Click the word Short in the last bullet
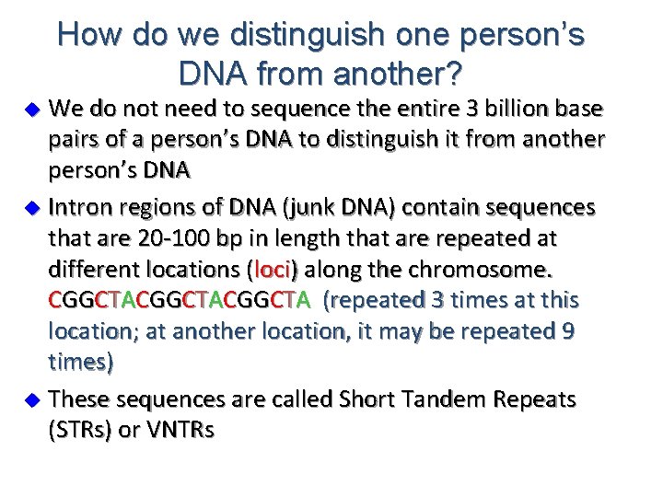[366, 399]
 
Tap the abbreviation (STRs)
[84, 430]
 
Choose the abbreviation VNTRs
[180, 430]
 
